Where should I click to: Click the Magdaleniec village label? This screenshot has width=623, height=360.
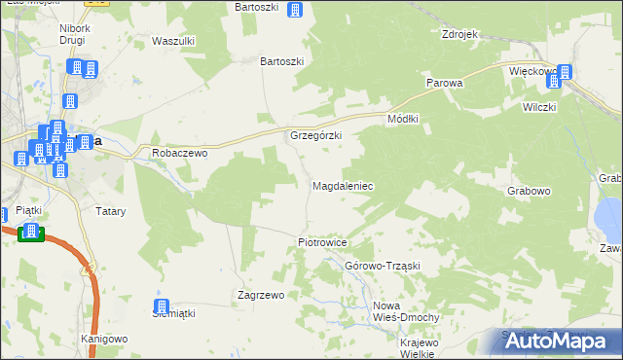click(x=342, y=185)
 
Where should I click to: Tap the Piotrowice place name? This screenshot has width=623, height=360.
click(x=322, y=241)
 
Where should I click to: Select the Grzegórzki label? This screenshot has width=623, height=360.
click(x=315, y=135)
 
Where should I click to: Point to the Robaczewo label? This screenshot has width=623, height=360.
click(x=181, y=153)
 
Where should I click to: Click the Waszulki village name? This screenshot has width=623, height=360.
click(x=174, y=41)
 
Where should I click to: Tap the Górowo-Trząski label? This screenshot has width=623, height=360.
click(x=382, y=266)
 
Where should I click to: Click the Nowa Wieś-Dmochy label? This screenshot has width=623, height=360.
click(x=407, y=311)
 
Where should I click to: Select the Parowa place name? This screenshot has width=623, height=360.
click(x=444, y=83)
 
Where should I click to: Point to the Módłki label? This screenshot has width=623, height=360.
click(x=402, y=118)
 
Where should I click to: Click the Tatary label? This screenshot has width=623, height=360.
click(x=108, y=210)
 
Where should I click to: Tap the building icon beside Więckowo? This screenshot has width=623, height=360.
click(x=565, y=71)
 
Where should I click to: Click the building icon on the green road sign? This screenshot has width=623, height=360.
click(x=31, y=232)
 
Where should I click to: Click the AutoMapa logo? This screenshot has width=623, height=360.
click(x=565, y=341)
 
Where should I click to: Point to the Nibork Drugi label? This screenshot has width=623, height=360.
click(x=75, y=36)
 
